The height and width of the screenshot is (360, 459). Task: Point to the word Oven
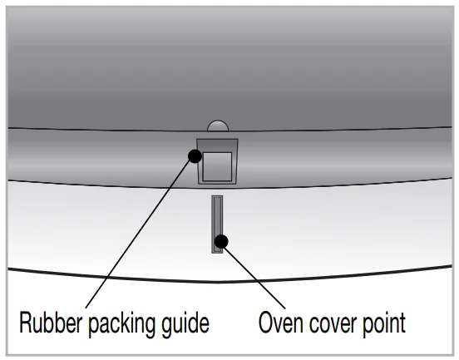coord(281,322)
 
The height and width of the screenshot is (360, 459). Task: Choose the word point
coord(384,324)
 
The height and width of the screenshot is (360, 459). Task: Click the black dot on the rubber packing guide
coord(195,156)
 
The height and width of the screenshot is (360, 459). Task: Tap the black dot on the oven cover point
coord(221,241)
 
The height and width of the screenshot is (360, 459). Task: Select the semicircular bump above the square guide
coord(218,126)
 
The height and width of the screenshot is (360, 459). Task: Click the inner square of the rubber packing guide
coord(217,166)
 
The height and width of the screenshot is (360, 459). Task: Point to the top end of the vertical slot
coord(217,196)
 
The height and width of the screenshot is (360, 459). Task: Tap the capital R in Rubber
coord(27,322)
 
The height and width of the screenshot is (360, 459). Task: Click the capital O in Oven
coord(267,323)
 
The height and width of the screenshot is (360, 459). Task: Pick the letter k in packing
coord(124,322)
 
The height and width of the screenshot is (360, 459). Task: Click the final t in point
coord(402,323)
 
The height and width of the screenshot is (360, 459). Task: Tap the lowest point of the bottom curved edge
coord(217,282)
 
